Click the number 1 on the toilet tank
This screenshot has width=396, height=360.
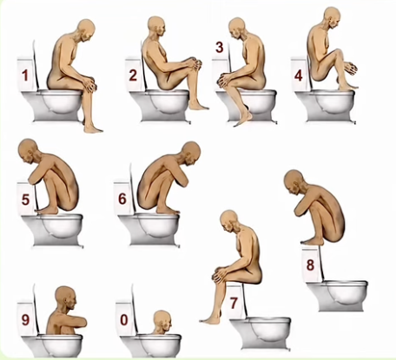(x=25, y=75)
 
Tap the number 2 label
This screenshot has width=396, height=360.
(x=133, y=75)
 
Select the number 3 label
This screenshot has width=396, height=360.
(x=220, y=47)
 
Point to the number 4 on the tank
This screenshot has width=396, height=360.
(x=299, y=75)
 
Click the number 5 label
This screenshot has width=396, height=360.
(x=25, y=200)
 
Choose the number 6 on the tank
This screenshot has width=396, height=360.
(x=122, y=199)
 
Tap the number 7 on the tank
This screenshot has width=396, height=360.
(x=234, y=303)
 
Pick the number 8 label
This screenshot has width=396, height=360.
(x=310, y=265)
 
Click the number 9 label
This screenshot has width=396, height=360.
(x=25, y=320)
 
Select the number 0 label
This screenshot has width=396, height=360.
(x=124, y=320)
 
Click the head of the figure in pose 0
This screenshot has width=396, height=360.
(x=162, y=321)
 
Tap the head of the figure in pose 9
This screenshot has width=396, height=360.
(x=66, y=298)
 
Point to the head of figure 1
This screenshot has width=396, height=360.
(x=87, y=30)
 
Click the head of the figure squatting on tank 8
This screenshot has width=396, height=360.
(x=294, y=182)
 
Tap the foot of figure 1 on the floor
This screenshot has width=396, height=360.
(x=93, y=128)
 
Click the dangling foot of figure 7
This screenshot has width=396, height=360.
(x=210, y=318)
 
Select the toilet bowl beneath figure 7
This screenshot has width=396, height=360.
(x=261, y=332)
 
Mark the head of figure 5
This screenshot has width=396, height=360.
(x=29, y=152)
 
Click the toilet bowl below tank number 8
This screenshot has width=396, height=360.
(x=337, y=296)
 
